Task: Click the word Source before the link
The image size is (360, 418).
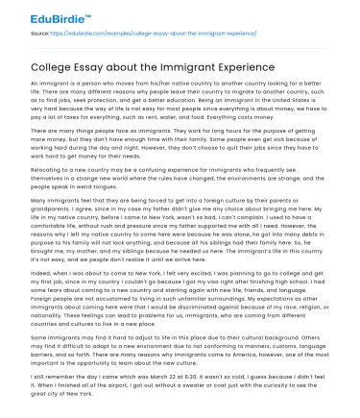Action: [39, 32]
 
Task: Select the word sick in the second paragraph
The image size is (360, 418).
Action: [277, 149]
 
